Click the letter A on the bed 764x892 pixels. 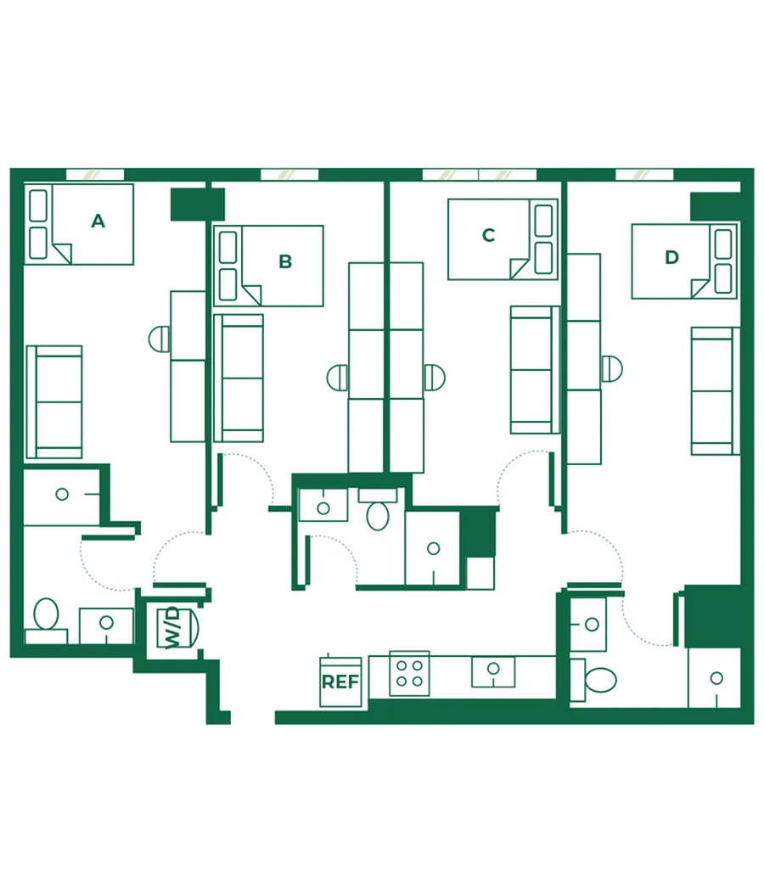click(x=98, y=221)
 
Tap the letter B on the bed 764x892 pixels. click(x=285, y=261)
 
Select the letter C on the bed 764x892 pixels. click(x=488, y=235)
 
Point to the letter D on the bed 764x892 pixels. click(x=671, y=257)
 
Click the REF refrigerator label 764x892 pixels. click(x=340, y=682)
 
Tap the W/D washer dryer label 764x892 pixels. click(x=172, y=627)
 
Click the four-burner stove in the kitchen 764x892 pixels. click(x=410, y=674)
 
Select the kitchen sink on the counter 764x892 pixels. click(x=493, y=671)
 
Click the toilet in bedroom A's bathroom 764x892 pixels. click(x=46, y=614)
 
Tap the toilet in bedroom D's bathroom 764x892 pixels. click(x=601, y=680)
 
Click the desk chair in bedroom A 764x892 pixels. click(x=160, y=339)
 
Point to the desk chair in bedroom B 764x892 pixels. click(x=337, y=378)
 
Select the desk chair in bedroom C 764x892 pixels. click(x=435, y=378)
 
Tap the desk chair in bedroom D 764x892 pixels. click(x=611, y=368)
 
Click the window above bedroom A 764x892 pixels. click(x=95, y=175)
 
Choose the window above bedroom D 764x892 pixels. click(x=644, y=175)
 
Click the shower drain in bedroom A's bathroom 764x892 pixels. click(x=62, y=494)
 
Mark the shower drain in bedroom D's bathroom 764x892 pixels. click(x=716, y=678)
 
